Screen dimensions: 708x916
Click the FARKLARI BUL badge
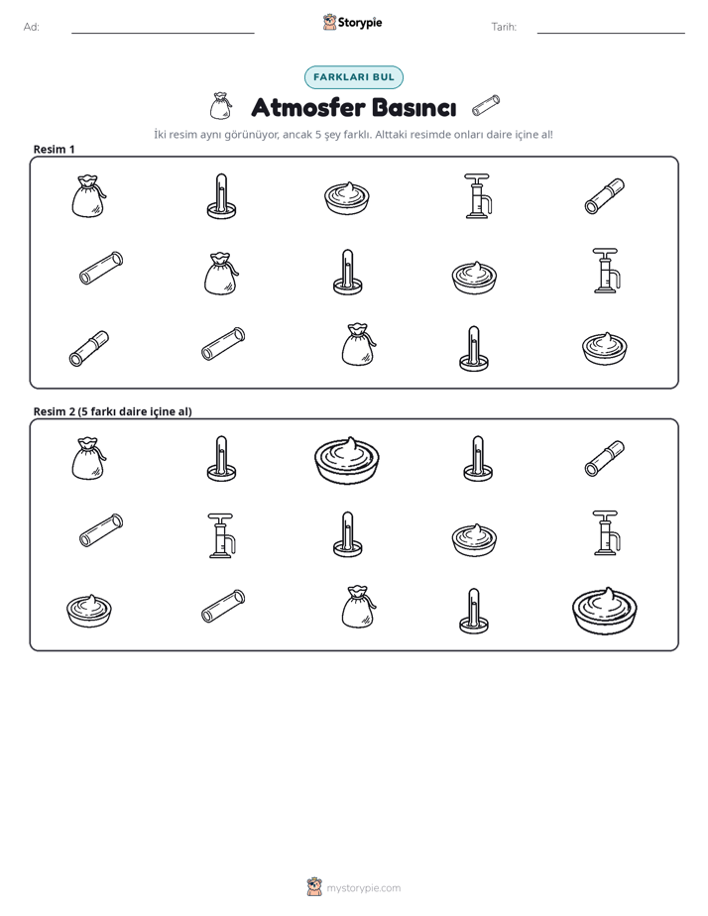pos(353,77)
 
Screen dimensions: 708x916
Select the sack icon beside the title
pos(220,106)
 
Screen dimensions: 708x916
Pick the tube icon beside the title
pos(486,105)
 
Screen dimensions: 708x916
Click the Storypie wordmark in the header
pos(360,23)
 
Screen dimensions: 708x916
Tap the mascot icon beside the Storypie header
pos(329,22)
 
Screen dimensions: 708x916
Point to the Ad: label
pos(32,27)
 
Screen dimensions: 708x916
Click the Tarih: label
pos(504,27)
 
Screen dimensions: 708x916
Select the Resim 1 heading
pos(54,149)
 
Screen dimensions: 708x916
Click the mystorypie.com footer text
pos(363,888)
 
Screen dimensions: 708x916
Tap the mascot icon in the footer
pos(314,887)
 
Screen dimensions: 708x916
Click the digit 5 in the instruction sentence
pos(318,135)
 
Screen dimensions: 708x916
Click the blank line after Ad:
pos(163,33)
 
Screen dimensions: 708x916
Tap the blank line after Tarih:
pos(611,33)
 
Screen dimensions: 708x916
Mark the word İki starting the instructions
pos(160,135)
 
